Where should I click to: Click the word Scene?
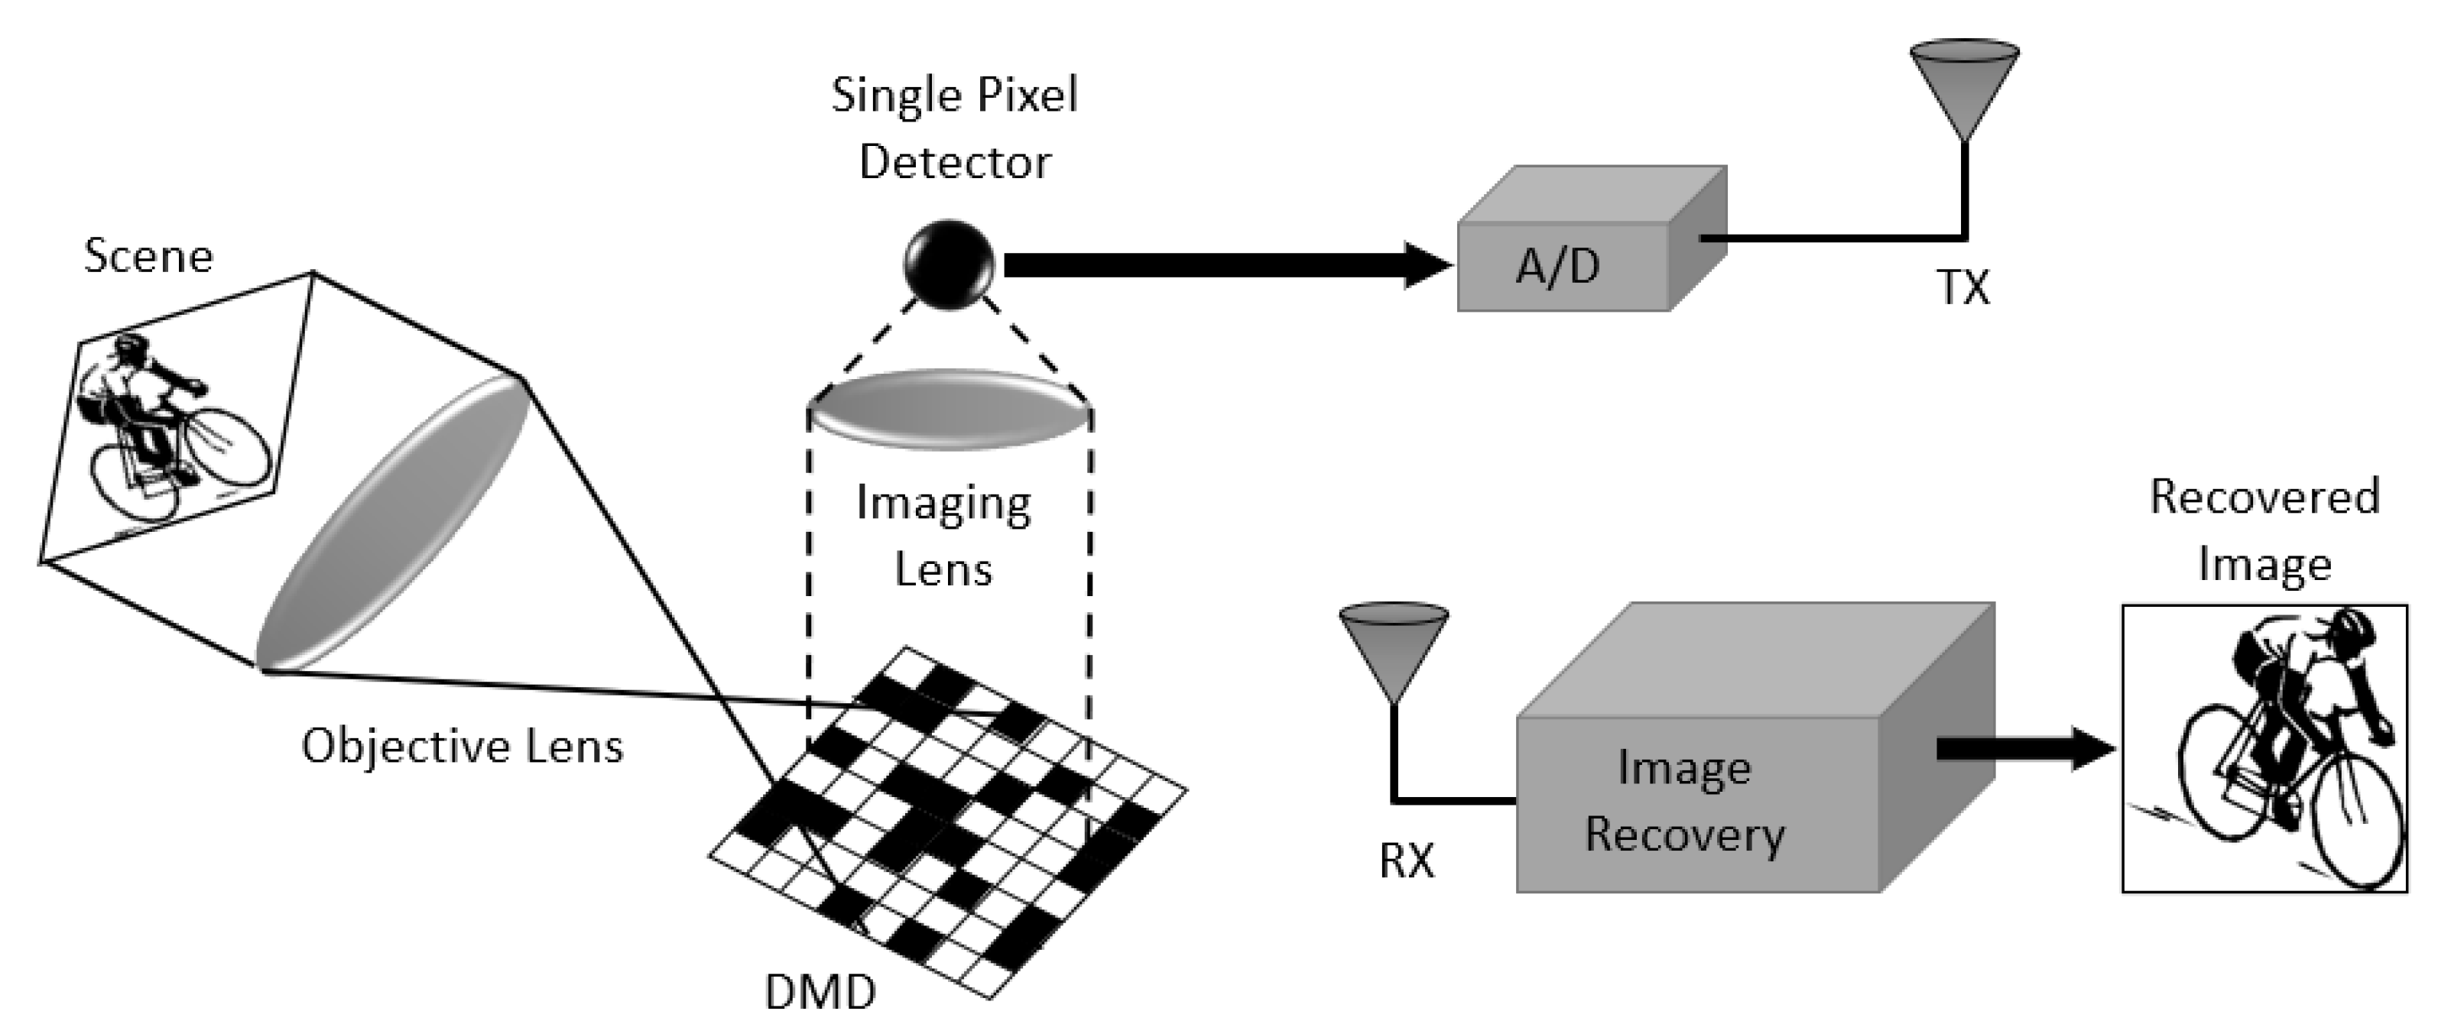click(148, 256)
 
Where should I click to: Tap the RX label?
click(1407, 861)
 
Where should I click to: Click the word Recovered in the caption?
click(2264, 497)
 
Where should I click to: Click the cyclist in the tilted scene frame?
click(151, 417)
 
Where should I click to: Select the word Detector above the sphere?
click(954, 162)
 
